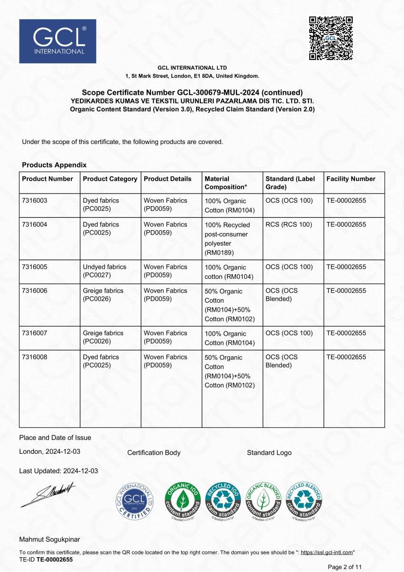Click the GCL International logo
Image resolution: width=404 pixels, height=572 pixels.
(58, 41)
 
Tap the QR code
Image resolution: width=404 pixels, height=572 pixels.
(331, 38)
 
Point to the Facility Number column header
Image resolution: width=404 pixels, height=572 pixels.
(351, 179)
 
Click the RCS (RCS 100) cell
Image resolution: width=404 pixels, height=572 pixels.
(289, 225)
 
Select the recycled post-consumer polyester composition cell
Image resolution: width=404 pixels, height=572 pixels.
(227, 238)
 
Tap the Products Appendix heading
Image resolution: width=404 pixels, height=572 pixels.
(54, 165)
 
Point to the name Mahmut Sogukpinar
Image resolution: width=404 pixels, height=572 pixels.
(49, 540)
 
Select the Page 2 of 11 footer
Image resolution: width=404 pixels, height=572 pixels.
(345, 567)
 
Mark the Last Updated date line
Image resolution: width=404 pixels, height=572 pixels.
(59, 471)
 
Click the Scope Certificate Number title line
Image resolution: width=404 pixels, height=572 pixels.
(192, 92)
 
